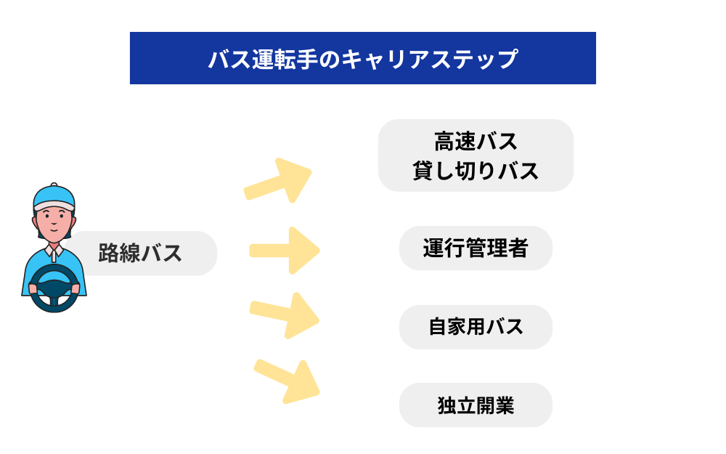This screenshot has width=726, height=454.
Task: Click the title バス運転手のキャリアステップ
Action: click(362, 58)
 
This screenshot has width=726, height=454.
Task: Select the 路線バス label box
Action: click(141, 254)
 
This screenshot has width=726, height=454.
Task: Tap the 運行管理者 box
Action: click(476, 248)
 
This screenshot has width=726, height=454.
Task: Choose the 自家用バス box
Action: click(476, 327)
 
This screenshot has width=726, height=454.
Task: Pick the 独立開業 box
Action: click(476, 405)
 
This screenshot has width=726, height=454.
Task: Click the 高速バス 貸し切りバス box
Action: click(476, 155)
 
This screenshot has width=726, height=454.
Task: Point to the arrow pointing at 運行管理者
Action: click(285, 251)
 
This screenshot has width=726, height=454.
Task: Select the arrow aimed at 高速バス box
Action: click(279, 181)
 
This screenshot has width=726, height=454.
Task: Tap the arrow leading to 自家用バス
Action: click(285, 314)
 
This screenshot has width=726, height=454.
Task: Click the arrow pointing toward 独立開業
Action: click(287, 380)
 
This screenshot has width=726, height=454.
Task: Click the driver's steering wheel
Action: click(54, 287)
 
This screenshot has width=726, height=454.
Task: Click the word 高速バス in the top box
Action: click(476, 141)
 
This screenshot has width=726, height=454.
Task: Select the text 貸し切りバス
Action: click(476, 171)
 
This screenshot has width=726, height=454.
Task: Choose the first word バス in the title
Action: click(227, 59)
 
